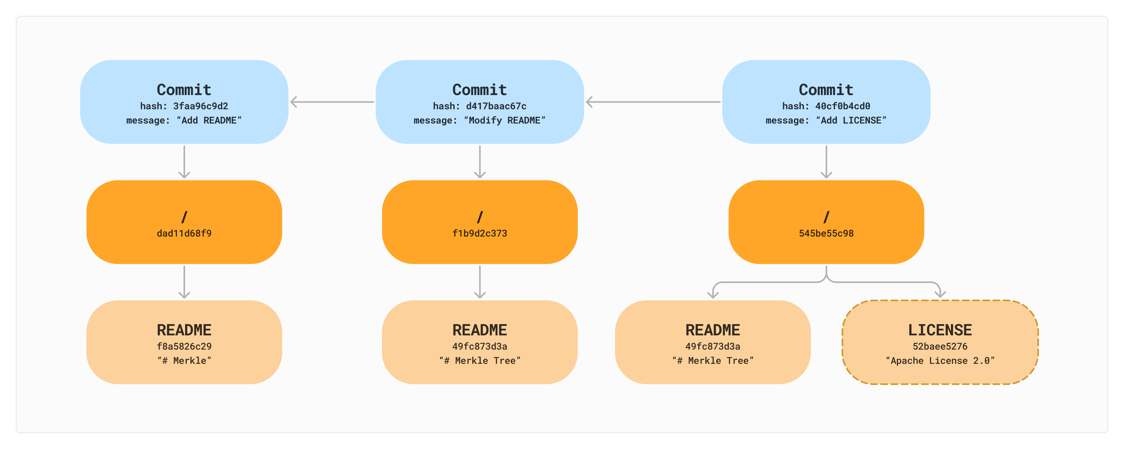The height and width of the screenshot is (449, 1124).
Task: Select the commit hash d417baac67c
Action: tap(496, 106)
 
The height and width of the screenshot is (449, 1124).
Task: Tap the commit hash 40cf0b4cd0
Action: tap(843, 106)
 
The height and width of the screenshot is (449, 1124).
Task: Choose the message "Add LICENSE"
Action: tap(851, 121)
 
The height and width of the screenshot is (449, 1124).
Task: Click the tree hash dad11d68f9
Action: tap(184, 233)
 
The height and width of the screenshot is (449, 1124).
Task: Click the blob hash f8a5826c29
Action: tap(184, 346)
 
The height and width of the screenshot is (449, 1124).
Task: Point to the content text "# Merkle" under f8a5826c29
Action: tap(184, 361)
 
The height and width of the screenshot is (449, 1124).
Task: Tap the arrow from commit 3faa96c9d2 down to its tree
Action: tap(184, 162)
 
